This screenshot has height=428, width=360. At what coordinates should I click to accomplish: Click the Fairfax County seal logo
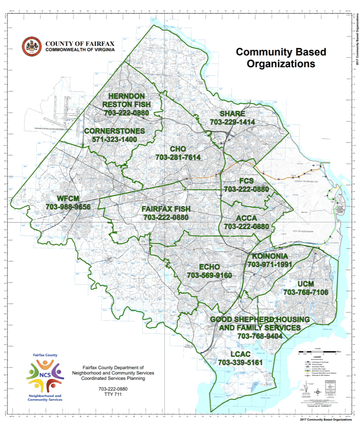(x=31, y=46)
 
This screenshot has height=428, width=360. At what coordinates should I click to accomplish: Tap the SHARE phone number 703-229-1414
(x=232, y=122)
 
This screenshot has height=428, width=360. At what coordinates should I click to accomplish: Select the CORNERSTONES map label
(x=114, y=131)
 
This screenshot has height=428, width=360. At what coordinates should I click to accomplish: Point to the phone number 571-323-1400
(x=114, y=139)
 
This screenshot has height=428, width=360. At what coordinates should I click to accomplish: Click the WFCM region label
(x=68, y=198)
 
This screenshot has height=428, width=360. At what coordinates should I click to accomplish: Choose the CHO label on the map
(x=178, y=149)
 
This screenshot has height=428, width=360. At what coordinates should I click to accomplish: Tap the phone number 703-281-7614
(x=178, y=157)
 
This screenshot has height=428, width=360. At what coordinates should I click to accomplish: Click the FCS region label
(x=247, y=181)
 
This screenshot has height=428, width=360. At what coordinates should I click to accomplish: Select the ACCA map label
(x=247, y=218)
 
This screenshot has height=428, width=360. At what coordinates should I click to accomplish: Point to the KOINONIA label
(x=270, y=256)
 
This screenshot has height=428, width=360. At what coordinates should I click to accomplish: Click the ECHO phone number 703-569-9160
(x=210, y=275)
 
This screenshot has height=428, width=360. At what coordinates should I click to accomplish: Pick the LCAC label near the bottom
(x=240, y=354)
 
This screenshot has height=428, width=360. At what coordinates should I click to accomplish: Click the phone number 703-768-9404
(x=260, y=336)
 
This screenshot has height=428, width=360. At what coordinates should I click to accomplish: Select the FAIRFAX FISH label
(x=166, y=209)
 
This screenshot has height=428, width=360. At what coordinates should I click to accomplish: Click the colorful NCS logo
(x=45, y=374)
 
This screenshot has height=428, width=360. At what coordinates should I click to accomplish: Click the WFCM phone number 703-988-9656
(x=68, y=207)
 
